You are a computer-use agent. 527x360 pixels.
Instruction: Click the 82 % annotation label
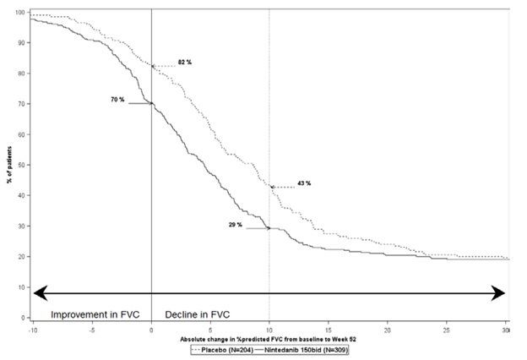184,63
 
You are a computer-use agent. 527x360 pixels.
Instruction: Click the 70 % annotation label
117,100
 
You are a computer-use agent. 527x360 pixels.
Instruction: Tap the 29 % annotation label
234,225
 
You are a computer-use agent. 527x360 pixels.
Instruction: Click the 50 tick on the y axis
22,165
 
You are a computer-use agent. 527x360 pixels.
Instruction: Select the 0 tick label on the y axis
24,318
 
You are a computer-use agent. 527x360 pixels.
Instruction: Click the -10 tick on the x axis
32,329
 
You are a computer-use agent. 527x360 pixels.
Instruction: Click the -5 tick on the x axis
92,329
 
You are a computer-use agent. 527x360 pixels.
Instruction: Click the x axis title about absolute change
269,338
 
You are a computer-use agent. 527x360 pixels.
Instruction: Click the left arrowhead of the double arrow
39,292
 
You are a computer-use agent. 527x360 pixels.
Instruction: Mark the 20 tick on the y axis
22,257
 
